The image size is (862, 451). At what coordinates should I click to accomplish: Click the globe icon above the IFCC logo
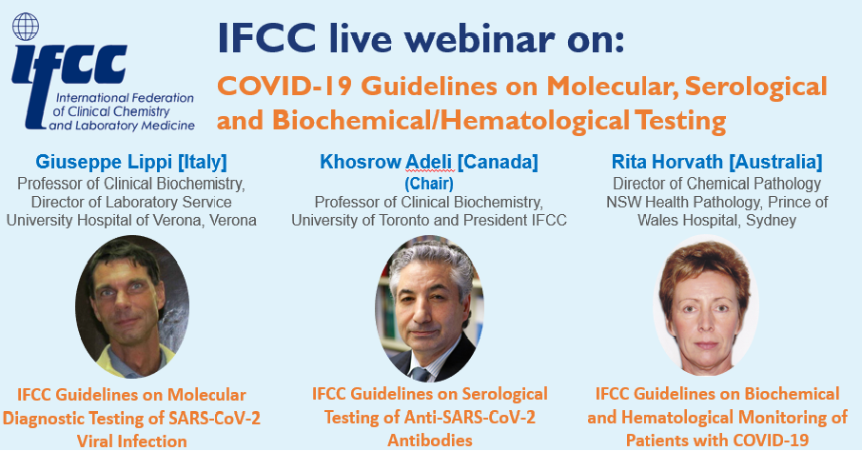[26, 27]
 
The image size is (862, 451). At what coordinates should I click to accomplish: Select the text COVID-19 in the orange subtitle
[284, 86]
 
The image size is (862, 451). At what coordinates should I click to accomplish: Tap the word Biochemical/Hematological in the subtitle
[451, 121]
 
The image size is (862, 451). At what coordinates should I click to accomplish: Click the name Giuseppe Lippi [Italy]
[131, 162]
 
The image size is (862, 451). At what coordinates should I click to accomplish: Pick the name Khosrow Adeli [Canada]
[429, 162]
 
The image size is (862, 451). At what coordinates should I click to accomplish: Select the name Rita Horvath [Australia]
[716, 162]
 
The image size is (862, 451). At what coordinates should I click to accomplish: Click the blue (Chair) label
[429, 183]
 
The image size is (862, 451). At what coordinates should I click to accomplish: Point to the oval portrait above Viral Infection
[132, 306]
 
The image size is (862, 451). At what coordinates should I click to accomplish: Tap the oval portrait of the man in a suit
[429, 309]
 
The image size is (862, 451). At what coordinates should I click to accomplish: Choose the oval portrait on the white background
[706, 305]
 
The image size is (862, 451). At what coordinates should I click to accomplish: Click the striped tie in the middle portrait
[421, 374]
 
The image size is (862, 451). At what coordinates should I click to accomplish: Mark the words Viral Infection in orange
[132, 441]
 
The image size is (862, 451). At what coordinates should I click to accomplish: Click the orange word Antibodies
[430, 440]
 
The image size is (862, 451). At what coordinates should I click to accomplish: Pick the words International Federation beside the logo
[125, 98]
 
